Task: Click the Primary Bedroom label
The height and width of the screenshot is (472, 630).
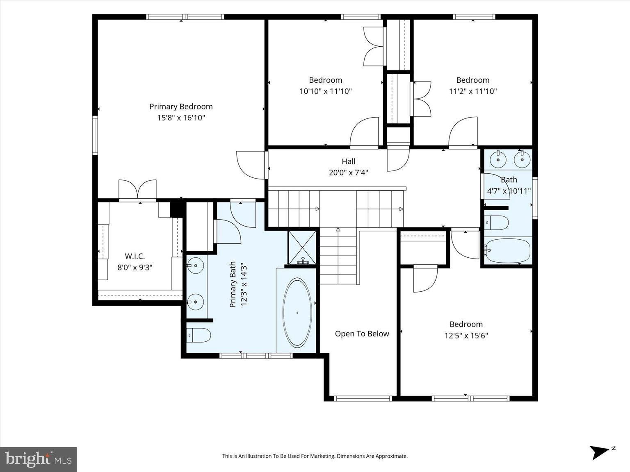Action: coord(181,107)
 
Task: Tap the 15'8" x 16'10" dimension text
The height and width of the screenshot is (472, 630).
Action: coord(181,118)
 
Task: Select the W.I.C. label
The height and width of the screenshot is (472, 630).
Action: coord(135,256)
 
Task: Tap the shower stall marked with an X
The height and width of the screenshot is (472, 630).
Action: coord(302,247)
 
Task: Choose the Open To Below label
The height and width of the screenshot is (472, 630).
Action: coord(362,334)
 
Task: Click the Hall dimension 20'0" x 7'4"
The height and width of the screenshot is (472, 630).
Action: coord(349,172)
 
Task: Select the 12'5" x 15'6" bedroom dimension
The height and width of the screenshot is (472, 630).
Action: coord(466,335)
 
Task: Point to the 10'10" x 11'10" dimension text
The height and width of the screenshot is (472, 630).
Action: coord(326,91)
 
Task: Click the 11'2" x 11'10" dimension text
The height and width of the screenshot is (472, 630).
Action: coord(473,91)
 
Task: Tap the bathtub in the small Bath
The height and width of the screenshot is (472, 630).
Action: coord(507,251)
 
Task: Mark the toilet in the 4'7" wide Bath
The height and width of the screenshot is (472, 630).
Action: coord(497,222)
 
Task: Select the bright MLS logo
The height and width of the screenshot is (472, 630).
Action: coord(38,459)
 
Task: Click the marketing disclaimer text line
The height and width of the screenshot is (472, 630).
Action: coord(315,456)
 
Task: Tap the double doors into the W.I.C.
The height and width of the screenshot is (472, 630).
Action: coord(137,189)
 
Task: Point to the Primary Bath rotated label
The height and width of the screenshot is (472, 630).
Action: coord(238,284)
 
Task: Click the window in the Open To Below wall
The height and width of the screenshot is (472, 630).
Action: coord(363,398)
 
